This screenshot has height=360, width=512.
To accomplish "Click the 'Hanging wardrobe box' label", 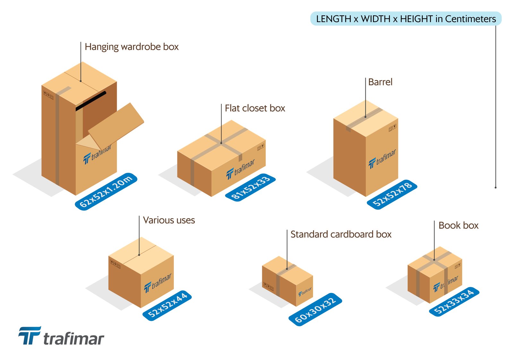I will (x=132, y=47).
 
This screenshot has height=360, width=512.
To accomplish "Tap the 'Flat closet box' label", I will (x=255, y=108).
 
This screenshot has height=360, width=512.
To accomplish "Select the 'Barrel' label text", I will (x=380, y=82).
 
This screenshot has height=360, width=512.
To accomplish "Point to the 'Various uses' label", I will (x=169, y=220).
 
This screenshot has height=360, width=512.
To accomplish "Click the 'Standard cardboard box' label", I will (x=341, y=234).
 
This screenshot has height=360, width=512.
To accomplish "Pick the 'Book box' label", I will (x=458, y=225).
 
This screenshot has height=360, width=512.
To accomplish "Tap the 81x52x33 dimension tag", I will (x=251, y=188).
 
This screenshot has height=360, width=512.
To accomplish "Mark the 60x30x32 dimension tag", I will (x=315, y=309).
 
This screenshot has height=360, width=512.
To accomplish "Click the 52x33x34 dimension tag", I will (x=454, y=301).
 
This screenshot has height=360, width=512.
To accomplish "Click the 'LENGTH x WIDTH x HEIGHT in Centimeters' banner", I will (x=406, y=19).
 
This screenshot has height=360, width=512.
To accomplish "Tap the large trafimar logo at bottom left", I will (x=61, y=337).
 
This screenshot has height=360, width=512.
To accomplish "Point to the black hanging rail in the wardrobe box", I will (x=91, y=101).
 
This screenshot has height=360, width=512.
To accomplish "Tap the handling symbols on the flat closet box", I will (x=261, y=147).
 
